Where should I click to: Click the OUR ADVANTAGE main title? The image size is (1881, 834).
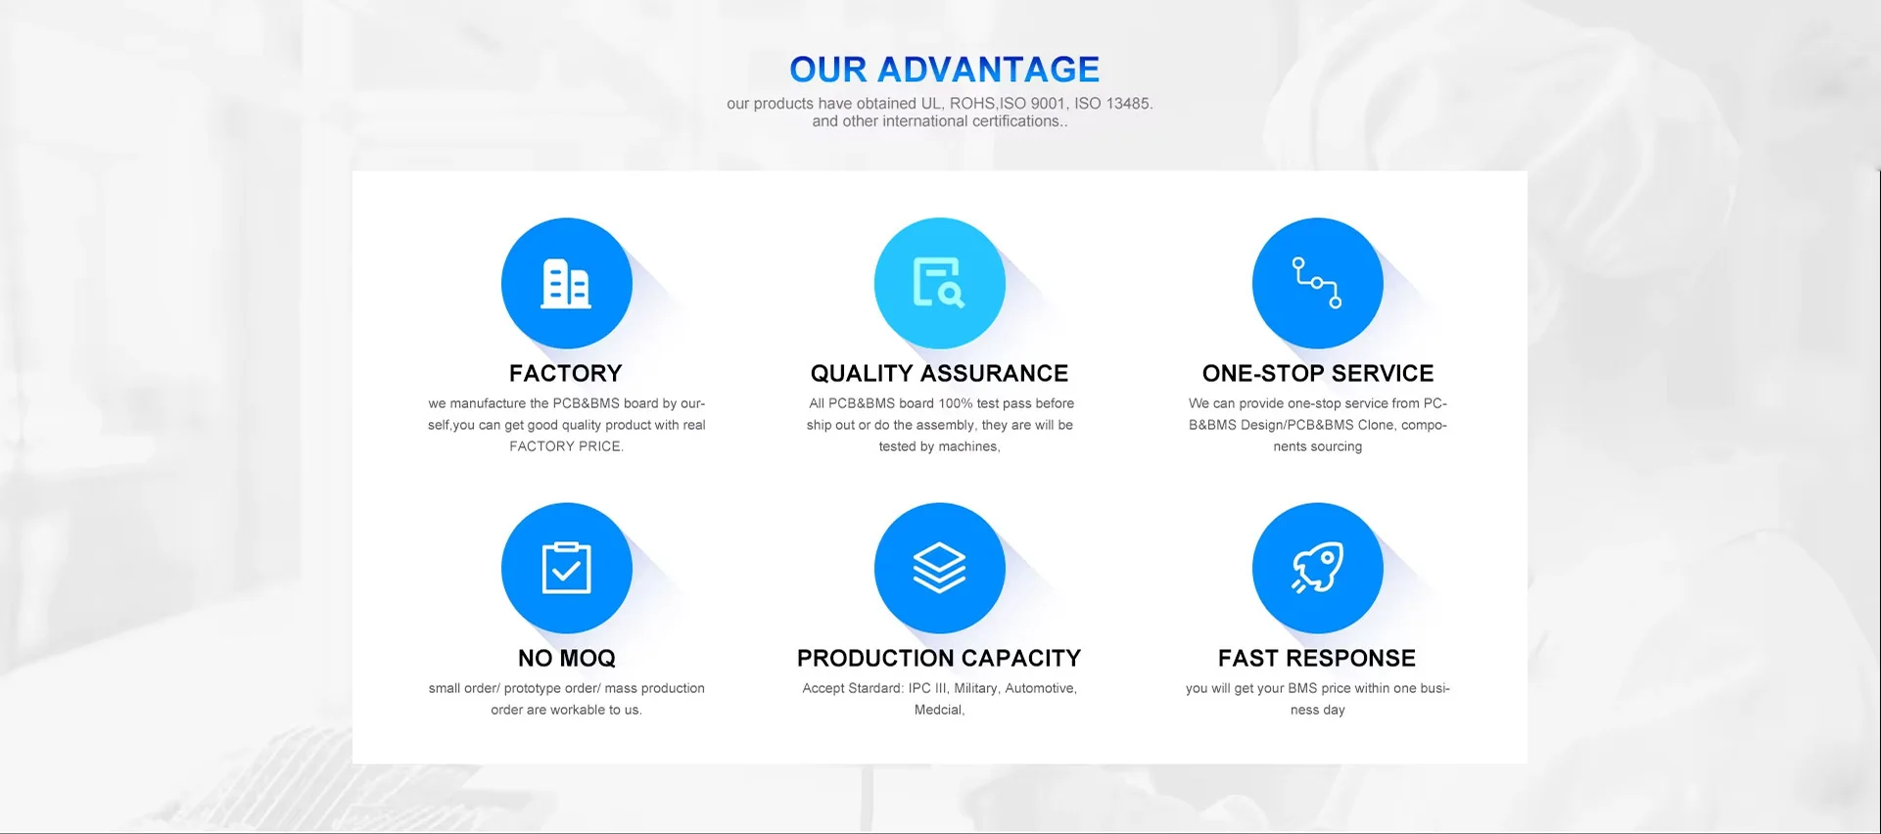pyautogui.click(x=944, y=69)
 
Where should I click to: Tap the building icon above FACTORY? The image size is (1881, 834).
pyautogui.click(x=566, y=284)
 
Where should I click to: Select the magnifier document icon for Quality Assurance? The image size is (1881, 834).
pyautogui.click(x=939, y=283)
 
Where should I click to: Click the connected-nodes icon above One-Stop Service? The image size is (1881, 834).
pyautogui.click(x=1317, y=283)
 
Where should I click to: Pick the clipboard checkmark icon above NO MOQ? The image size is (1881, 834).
pyautogui.click(x=566, y=568)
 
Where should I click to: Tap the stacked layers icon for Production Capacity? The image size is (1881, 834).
pyautogui.click(x=939, y=568)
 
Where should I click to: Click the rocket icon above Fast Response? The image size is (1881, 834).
pyautogui.click(x=1317, y=568)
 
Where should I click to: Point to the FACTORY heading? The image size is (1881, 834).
pyautogui.click(x=566, y=373)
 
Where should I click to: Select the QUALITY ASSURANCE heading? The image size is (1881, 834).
pyautogui.click(x=939, y=373)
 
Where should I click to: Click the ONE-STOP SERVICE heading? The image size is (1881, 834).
pyautogui.click(x=1318, y=373)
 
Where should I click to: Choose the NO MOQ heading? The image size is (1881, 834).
pyautogui.click(x=567, y=658)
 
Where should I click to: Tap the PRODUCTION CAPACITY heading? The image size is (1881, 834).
pyautogui.click(x=939, y=658)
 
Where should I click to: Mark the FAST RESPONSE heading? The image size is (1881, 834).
pyautogui.click(x=1317, y=658)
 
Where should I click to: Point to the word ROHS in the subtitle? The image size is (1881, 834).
pyautogui.click(x=971, y=104)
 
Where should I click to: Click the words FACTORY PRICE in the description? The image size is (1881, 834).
pyautogui.click(x=565, y=446)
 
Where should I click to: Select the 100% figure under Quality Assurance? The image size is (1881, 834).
pyautogui.click(x=956, y=403)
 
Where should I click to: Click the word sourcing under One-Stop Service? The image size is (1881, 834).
pyautogui.click(x=1337, y=447)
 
